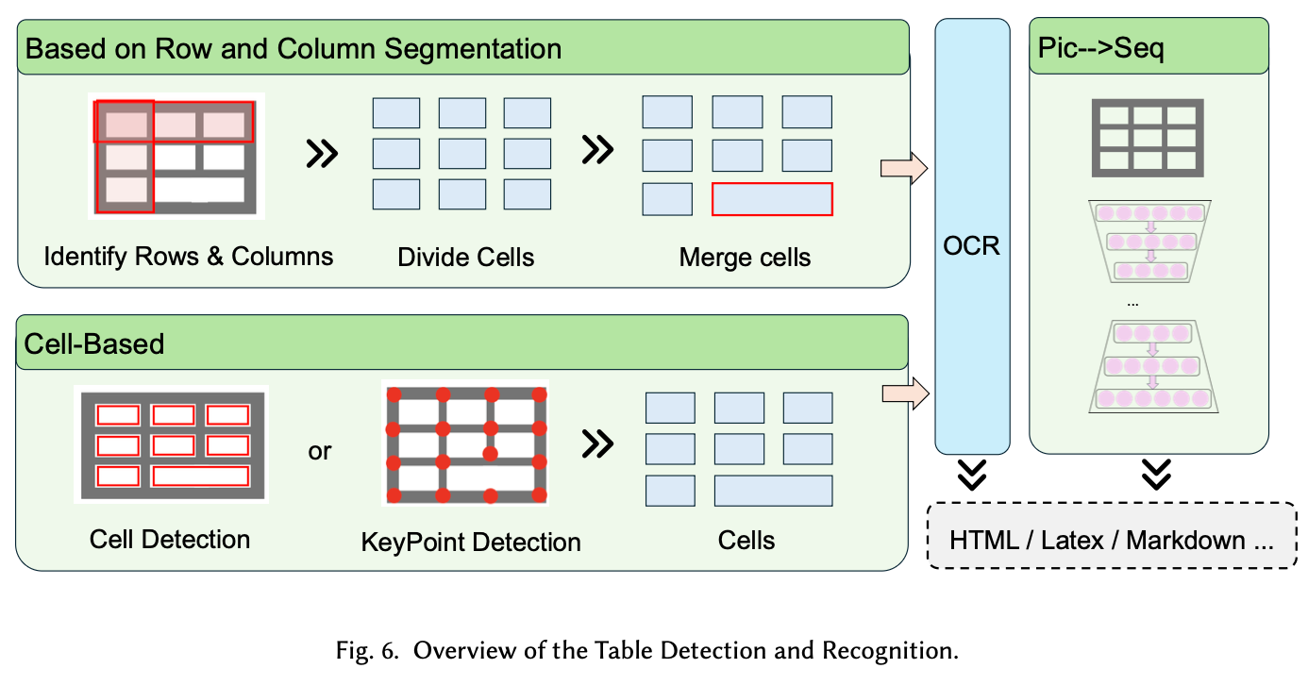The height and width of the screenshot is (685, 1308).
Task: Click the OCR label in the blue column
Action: coord(971,247)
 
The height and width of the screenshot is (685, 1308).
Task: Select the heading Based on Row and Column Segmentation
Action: coord(293,48)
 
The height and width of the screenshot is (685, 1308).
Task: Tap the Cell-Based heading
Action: coord(94,343)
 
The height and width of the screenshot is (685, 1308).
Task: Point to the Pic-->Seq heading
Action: coord(1100,48)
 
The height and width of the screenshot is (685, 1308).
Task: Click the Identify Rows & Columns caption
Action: coord(188,257)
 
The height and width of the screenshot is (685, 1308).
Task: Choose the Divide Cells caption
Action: coord(466,258)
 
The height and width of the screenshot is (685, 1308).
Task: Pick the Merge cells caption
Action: coord(745,258)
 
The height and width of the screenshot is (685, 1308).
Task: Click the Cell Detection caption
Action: coord(170,540)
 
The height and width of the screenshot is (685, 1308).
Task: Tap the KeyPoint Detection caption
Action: coord(471,543)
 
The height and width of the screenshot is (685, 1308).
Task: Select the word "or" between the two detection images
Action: coord(320,452)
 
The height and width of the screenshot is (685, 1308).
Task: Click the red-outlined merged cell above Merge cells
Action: coord(772,199)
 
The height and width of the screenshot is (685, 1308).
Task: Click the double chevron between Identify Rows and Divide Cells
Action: coord(323,153)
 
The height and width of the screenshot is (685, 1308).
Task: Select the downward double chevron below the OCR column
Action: coord(971,474)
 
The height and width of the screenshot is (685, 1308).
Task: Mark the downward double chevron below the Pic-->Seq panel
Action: coord(1156,474)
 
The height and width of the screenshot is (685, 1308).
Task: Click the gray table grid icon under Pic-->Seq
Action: coord(1148,138)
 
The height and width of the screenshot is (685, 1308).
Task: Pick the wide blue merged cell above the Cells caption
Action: coord(773,491)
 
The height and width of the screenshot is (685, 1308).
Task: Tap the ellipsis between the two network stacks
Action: coord(1132,304)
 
